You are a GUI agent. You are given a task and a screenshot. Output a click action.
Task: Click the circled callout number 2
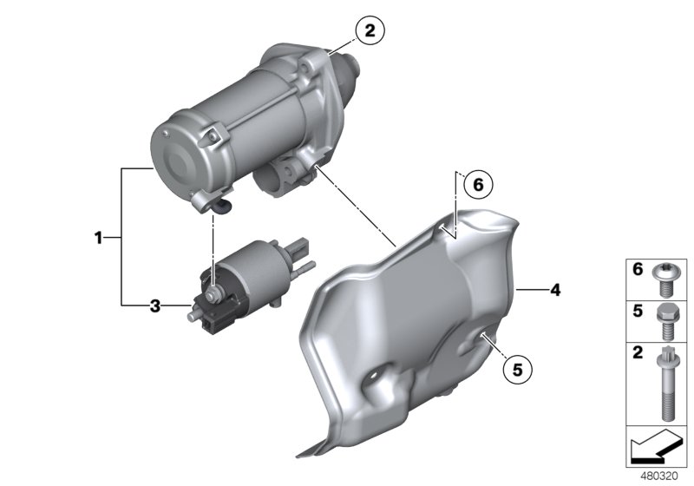click(370, 30)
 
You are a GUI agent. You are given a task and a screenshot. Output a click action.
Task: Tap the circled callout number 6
click(478, 185)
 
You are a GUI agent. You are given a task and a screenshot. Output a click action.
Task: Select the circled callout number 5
click(517, 369)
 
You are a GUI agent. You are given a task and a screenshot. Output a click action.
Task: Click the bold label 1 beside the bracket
click(98, 238)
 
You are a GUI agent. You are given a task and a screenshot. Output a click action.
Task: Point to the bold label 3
click(154, 305)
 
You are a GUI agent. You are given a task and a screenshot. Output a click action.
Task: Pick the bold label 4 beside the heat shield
click(555, 290)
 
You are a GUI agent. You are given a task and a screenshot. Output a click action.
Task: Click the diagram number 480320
click(659, 476)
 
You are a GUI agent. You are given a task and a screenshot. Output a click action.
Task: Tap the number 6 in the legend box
click(638, 269)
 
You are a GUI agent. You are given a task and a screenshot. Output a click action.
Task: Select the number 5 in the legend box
click(638, 311)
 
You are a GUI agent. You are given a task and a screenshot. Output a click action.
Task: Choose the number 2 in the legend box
click(638, 352)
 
